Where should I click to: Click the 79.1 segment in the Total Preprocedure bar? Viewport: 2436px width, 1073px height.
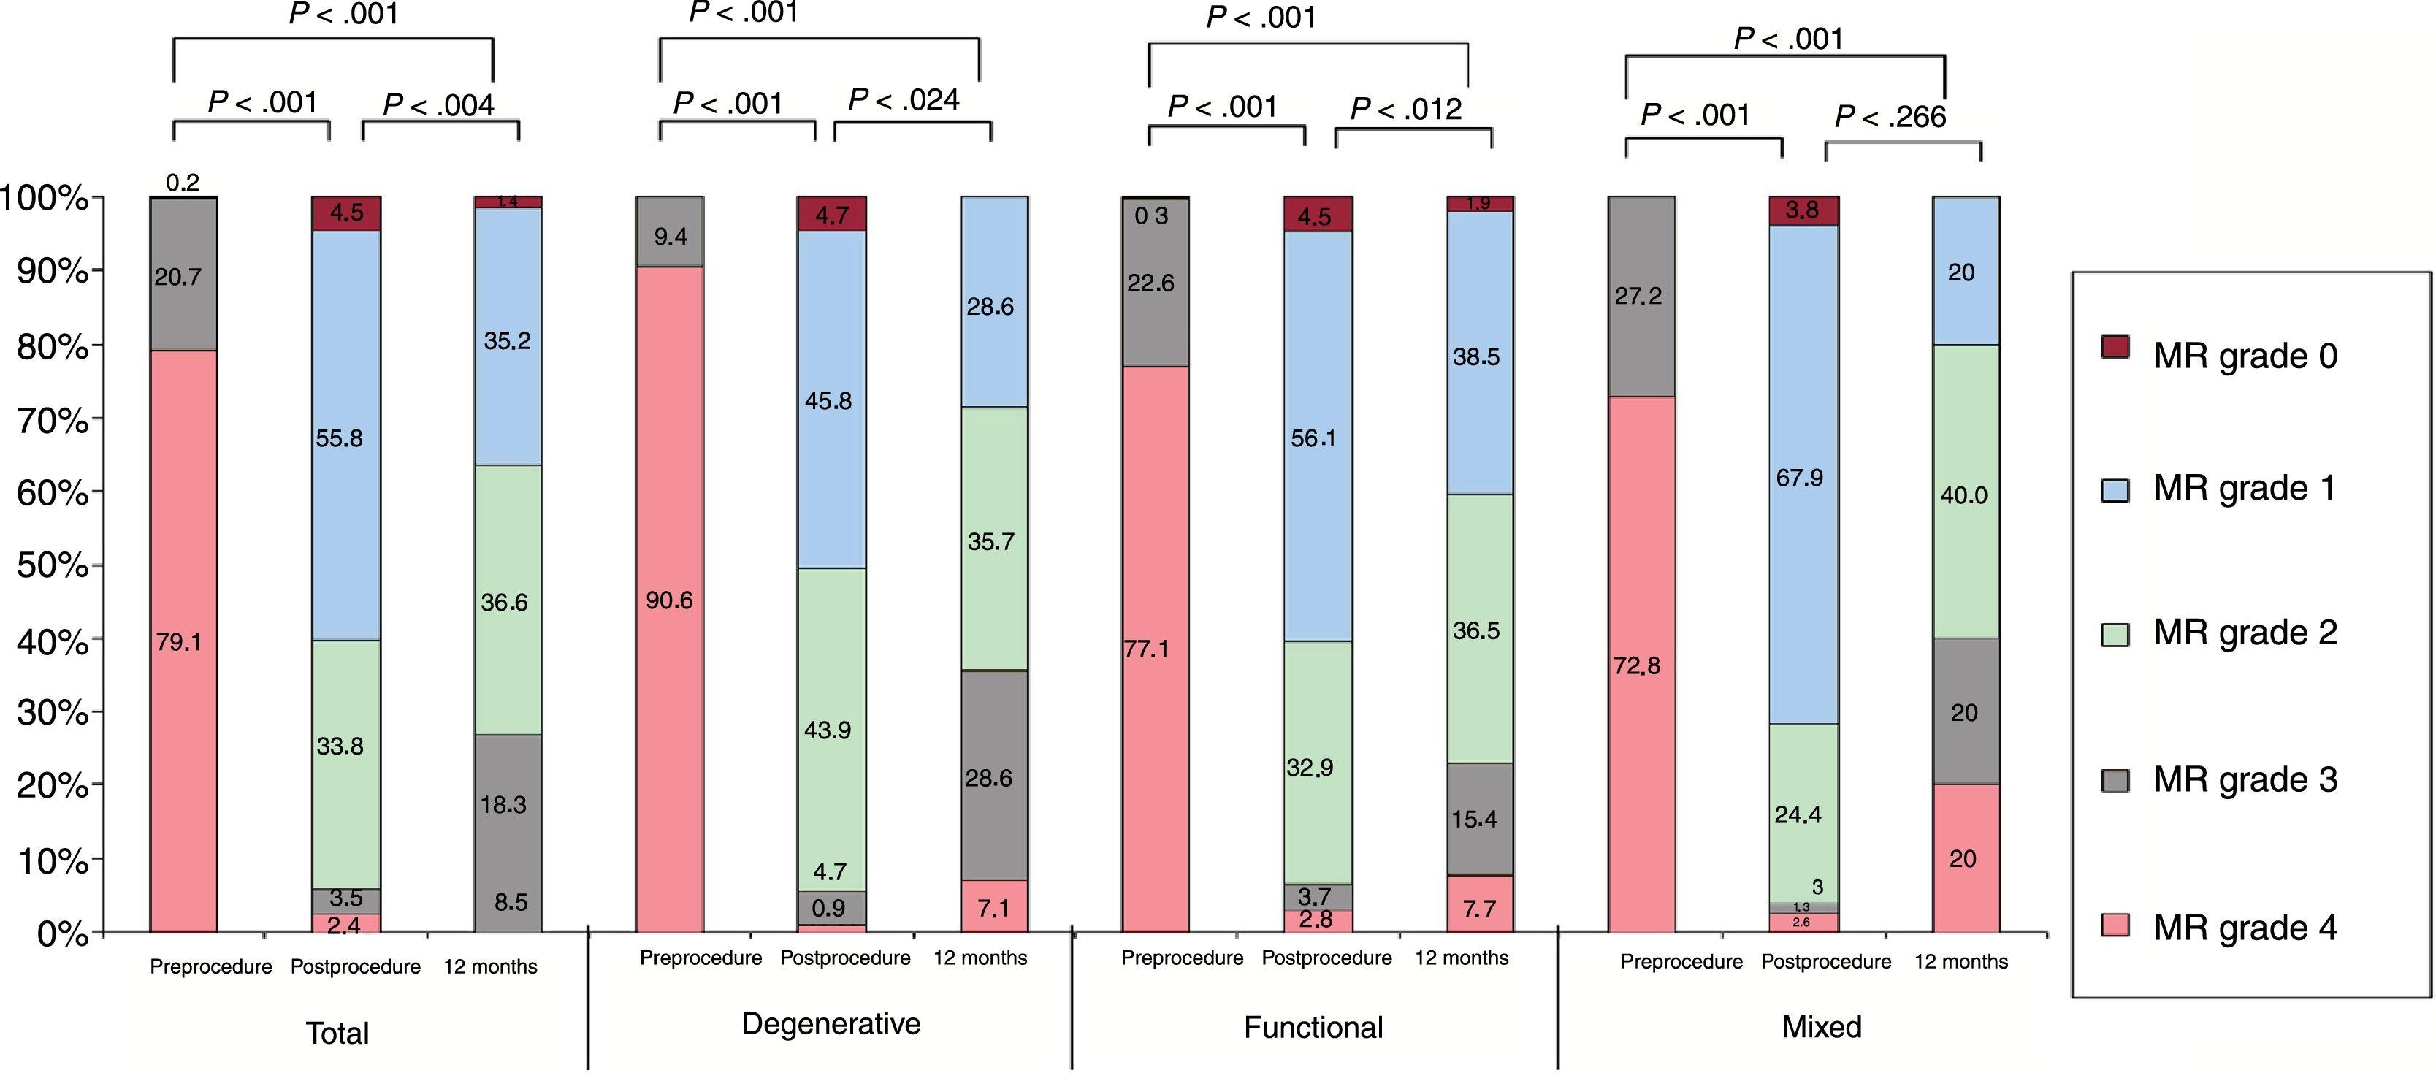click(x=183, y=641)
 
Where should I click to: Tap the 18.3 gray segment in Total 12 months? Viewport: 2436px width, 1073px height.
click(x=507, y=803)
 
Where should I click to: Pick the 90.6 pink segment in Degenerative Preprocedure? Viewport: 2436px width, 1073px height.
click(x=670, y=600)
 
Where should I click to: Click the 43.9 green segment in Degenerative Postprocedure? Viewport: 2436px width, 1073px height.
click(x=831, y=729)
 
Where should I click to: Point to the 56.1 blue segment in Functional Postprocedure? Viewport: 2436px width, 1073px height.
click(x=1317, y=437)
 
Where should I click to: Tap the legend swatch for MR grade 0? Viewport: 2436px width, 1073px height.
click(x=2115, y=347)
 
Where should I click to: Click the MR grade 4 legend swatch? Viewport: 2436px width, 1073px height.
click(x=2115, y=925)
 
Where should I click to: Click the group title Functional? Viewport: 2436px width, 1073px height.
click(x=1313, y=1027)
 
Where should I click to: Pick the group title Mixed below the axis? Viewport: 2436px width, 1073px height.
click(x=1821, y=1027)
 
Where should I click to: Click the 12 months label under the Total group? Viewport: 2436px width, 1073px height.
click(x=490, y=966)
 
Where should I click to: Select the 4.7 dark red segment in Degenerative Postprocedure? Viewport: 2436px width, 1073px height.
click(x=831, y=214)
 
